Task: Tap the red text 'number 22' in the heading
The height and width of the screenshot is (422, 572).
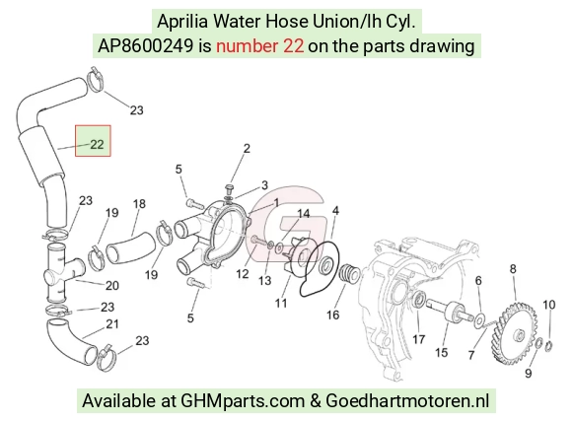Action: coord(259,46)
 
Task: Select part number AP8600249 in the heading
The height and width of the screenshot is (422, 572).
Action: coord(146,46)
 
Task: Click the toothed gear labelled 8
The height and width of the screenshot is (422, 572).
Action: coord(515,333)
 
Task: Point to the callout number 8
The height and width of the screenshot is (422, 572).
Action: coord(513,269)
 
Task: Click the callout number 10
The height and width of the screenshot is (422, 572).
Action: coord(549,305)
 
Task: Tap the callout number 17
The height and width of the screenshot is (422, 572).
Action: coord(419,339)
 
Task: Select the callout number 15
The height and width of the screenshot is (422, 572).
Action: coord(441,352)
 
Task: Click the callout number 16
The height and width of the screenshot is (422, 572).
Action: coord(332,315)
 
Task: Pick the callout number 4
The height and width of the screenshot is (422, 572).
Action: coord(335,210)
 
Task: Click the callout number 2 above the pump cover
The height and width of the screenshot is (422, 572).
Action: coord(247,149)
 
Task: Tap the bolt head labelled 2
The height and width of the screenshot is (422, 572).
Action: coord(230,188)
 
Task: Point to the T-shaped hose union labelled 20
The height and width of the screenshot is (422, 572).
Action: coord(62,273)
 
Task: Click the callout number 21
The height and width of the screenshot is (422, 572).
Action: coord(112,323)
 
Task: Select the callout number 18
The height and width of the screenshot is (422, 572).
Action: coord(139,203)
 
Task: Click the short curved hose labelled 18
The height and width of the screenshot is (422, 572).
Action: coord(130,248)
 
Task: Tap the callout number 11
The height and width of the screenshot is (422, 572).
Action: coord(281,303)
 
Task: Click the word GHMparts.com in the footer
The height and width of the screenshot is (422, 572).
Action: coord(243,401)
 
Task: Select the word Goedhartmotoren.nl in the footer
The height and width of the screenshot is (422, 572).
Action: coord(407,401)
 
